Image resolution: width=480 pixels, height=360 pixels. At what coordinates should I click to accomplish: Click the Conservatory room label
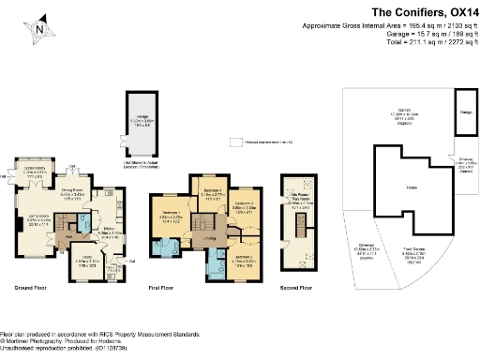click(30, 173)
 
